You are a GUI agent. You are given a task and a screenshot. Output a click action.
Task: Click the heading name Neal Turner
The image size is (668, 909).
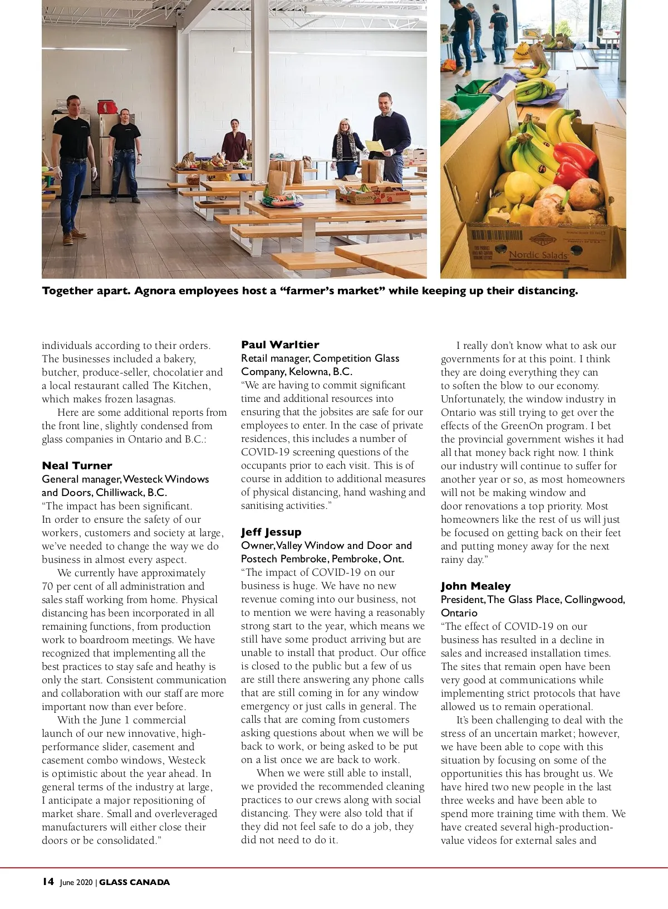tap(77, 466)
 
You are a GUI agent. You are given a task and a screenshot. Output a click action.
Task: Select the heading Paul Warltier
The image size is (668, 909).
tap(280, 345)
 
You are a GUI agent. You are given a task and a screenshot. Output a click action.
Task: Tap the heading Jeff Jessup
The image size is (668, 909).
tap(271, 532)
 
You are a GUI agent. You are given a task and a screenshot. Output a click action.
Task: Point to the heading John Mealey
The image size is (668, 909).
tap(475, 586)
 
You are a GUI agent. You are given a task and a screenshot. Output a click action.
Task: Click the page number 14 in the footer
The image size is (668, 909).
tap(48, 882)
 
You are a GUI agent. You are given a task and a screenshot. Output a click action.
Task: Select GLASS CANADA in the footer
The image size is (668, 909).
tap(135, 883)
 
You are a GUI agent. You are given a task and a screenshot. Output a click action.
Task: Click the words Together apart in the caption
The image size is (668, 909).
tap(85, 291)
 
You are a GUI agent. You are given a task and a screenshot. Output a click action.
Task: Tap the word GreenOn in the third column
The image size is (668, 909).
tap(523, 426)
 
